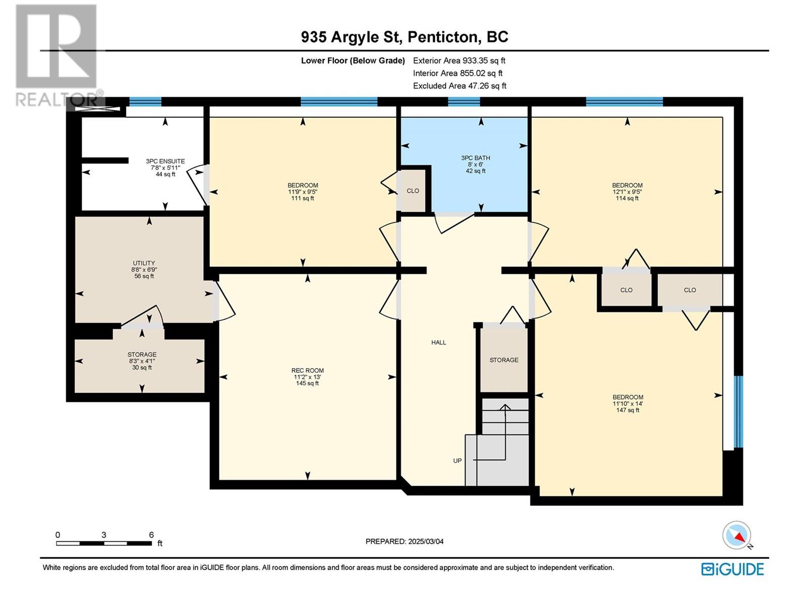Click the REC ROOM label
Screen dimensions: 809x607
coord(307,370)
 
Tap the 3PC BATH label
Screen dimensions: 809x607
coord(475,158)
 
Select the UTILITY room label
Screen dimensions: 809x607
coord(144,263)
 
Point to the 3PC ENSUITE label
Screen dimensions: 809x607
coord(165,161)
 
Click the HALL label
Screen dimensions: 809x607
coord(438,342)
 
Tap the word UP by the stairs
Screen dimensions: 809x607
coord(458,461)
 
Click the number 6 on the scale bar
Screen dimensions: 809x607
coord(151,534)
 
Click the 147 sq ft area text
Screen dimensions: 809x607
coord(627,410)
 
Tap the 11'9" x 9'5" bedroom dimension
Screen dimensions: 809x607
coord(302,192)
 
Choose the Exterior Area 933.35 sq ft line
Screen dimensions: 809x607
coord(459,60)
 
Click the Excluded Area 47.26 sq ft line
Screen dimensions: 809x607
coord(460,86)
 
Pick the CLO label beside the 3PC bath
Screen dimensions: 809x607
coord(413,191)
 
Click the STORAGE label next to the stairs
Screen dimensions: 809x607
coord(504,360)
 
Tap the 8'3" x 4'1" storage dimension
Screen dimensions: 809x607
coord(142,361)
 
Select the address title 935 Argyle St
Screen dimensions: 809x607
coord(351,37)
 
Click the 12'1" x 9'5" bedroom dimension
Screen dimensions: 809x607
coord(627,192)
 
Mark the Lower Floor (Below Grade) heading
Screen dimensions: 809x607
coord(353,60)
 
